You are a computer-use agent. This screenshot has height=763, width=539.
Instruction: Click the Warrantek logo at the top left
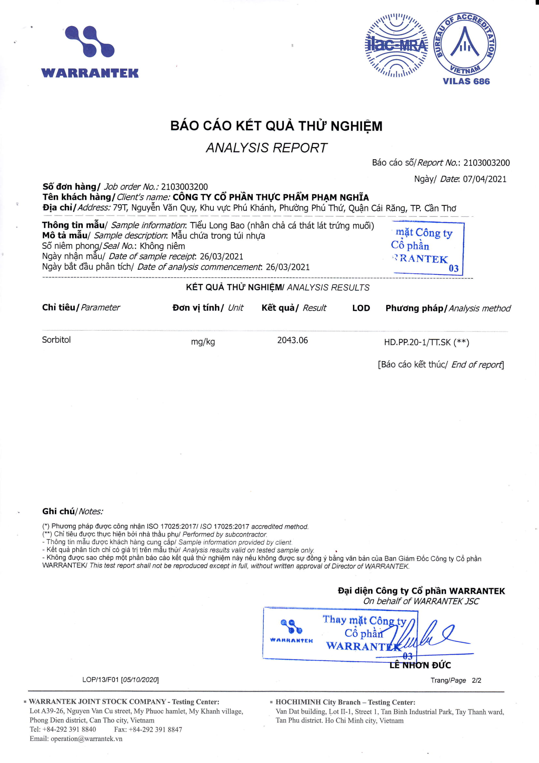coord(90,52)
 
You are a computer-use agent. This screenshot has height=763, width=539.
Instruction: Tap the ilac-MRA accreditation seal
coord(396,45)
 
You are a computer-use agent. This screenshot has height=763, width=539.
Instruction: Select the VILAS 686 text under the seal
coord(466,81)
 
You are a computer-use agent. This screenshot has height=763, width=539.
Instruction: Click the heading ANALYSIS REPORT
coord(266,148)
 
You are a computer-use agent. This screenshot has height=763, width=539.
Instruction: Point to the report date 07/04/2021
coord(485,179)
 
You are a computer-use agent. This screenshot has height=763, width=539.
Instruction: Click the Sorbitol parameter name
coord(56,340)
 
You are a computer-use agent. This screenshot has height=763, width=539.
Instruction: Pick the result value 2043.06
coord(292,340)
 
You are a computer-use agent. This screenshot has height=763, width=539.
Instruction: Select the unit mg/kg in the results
coord(203,342)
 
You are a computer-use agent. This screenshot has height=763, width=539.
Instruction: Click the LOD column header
coord(361,308)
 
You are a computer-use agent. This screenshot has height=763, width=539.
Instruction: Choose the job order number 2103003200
coord(184,187)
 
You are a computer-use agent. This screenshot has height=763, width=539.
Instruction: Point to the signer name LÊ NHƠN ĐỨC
coord(420,665)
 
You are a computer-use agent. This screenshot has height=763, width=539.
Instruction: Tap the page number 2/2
coord(476,680)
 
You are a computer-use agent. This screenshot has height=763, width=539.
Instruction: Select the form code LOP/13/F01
coord(100,679)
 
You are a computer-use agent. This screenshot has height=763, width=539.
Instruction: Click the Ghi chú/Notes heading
coord(72,511)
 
